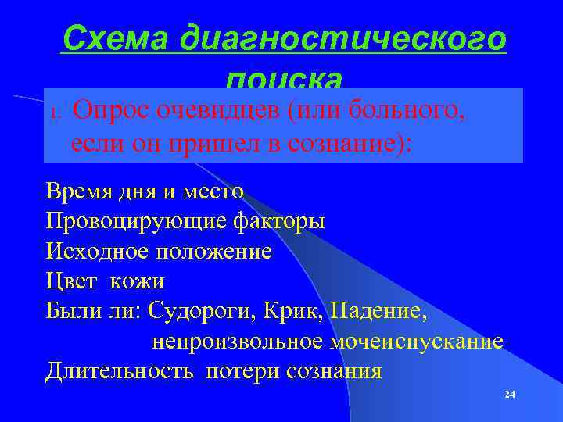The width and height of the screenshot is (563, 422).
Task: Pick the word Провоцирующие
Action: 136,220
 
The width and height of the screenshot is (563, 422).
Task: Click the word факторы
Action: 280,220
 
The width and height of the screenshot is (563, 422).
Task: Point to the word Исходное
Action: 98,251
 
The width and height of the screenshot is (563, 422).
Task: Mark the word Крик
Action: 298,311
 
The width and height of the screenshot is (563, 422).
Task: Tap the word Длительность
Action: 119,370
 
